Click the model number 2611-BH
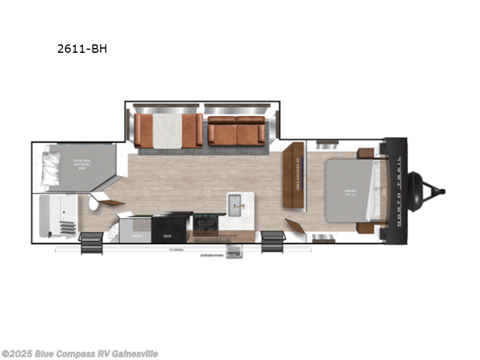click(82, 49)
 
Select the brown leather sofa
click(236, 130)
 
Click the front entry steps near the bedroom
click(272, 241)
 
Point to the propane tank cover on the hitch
click(415, 191)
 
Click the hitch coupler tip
click(442, 191)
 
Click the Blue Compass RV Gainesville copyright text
click(80, 353)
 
